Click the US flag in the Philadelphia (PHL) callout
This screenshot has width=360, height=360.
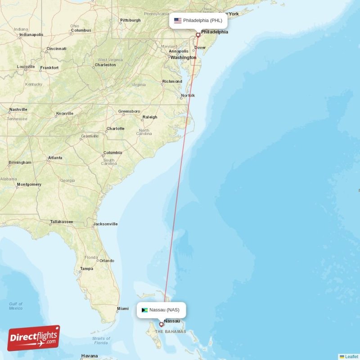(178, 20)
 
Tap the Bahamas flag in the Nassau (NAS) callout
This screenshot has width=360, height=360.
(144, 310)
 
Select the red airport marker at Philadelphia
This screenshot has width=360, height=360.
(198, 35)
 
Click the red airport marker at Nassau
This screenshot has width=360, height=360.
(162, 324)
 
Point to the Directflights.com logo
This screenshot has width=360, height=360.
(34, 338)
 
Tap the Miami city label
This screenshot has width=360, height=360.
(122, 309)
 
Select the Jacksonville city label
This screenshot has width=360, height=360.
(105, 224)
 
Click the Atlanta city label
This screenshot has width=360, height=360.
(55, 158)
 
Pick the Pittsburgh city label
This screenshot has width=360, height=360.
(130, 20)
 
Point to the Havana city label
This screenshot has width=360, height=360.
(90, 356)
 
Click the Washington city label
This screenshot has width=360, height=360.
(183, 58)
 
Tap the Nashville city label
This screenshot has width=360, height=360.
(18, 109)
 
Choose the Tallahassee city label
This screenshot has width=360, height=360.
(62, 222)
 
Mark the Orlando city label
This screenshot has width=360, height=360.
(107, 261)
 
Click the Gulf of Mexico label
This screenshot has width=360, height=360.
(16, 306)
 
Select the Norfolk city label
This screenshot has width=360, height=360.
(188, 95)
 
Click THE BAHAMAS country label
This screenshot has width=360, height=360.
(171, 332)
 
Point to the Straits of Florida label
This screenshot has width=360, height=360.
(101, 341)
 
